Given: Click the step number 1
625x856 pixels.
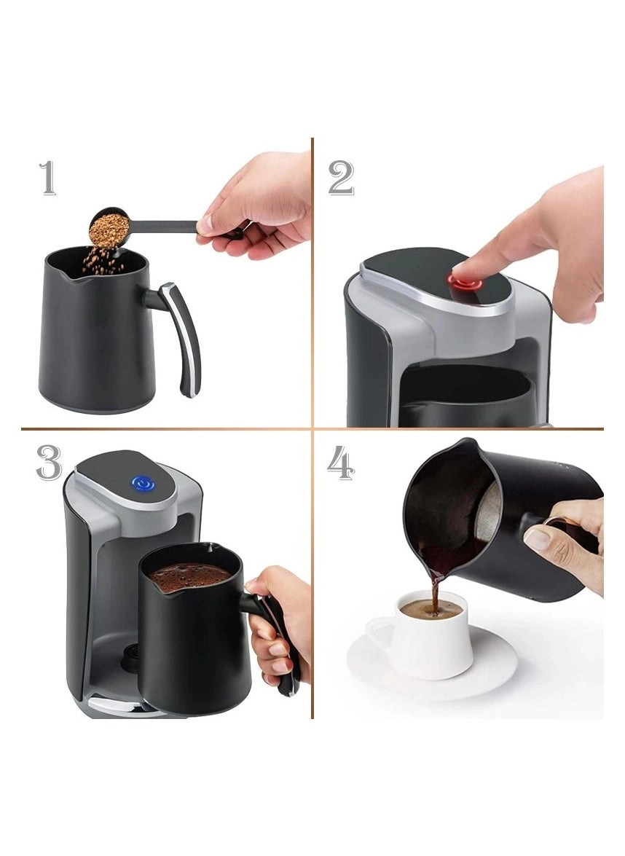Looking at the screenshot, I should [x=48, y=178].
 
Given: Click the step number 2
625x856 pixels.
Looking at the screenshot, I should [x=340, y=178].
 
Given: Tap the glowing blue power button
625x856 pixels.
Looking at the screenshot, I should [x=141, y=482].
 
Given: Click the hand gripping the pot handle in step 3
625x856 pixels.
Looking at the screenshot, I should [x=280, y=619].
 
